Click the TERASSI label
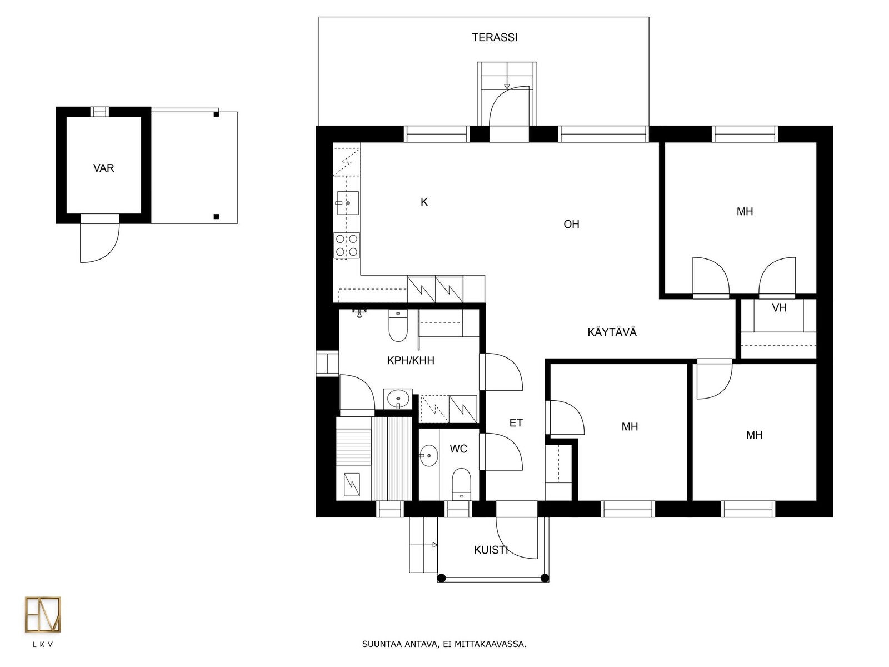pos(494,38)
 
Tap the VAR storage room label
pos(104,168)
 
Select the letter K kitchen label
pos(424,202)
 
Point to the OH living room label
pos(571,224)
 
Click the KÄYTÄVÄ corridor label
pos(612,332)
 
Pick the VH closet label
pos(779,308)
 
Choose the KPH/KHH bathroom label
pos(411,360)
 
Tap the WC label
pos(458,449)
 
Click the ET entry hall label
pos(516,423)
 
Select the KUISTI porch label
pos(491,550)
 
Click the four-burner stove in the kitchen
pos(347,246)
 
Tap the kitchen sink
pos(347,203)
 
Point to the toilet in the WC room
pos(461,484)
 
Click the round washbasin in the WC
pos(429,456)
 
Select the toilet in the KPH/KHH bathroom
pos(398,326)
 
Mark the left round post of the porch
pos(442,578)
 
